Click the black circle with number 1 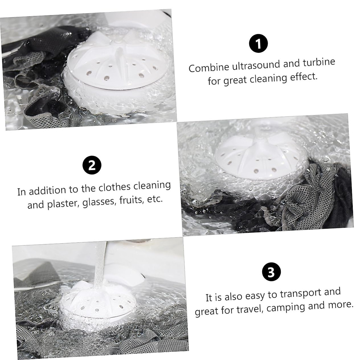pyautogui.click(x=258, y=43)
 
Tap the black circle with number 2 pyautogui.click(x=92, y=165)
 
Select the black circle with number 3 pyautogui.click(x=271, y=272)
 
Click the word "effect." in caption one pyautogui.click(x=302, y=77)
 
